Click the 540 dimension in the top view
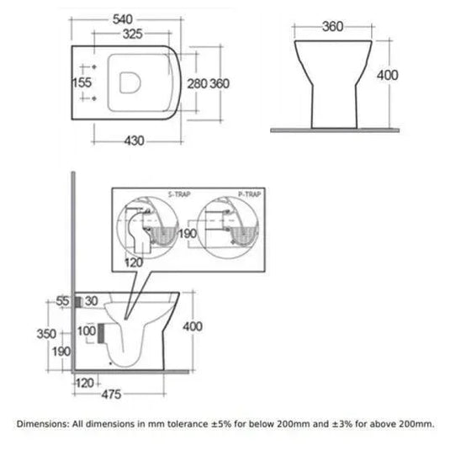(123, 19)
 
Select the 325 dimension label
(133, 34)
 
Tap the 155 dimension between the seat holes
(82, 82)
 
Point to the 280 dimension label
(197, 84)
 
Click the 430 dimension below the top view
(134, 141)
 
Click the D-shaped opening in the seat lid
(130, 82)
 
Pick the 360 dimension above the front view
(332, 27)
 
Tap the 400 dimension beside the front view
(388, 75)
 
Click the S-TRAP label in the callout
(179, 194)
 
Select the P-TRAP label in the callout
(250, 194)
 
